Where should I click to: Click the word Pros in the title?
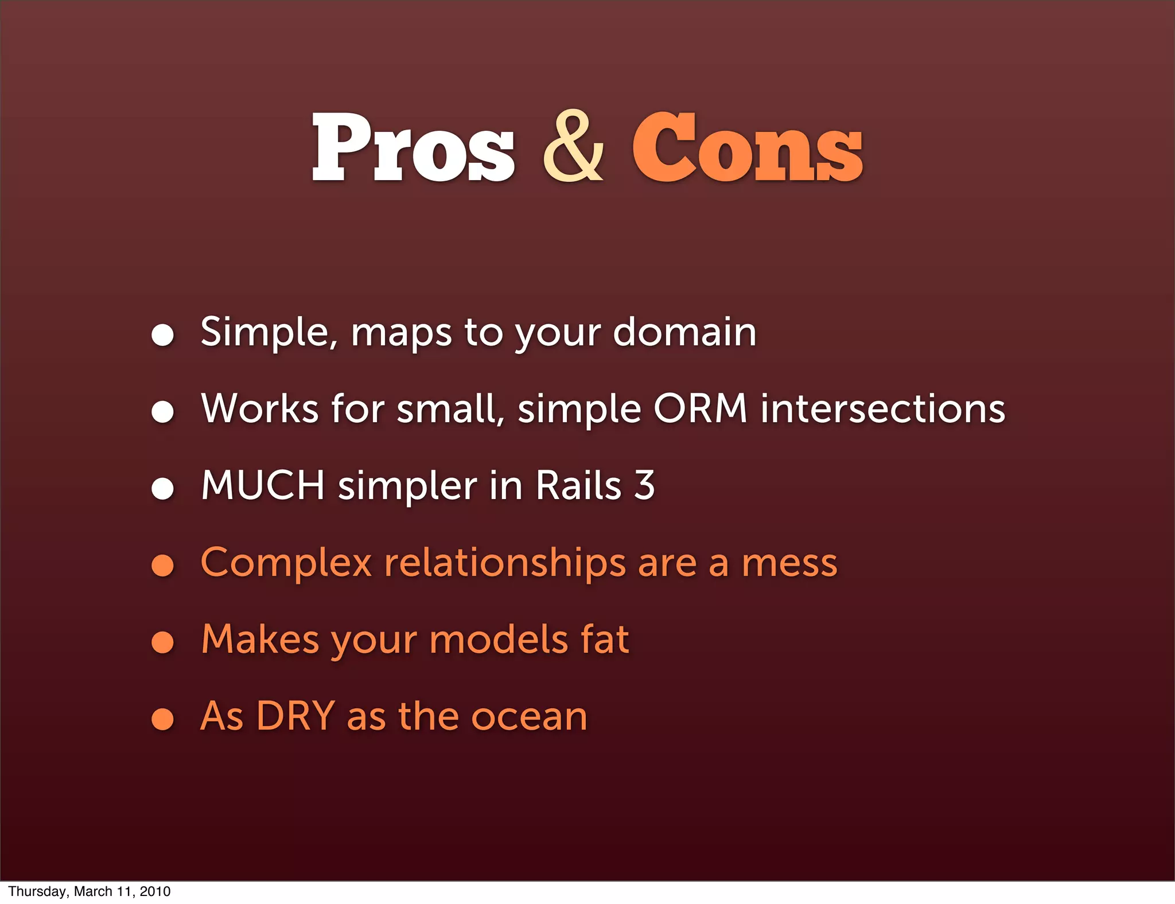click(413, 147)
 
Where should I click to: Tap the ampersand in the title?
click(573, 147)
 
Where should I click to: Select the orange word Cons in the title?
click(747, 147)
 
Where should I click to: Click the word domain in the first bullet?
click(684, 332)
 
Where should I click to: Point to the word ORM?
click(701, 409)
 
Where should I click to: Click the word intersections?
click(883, 409)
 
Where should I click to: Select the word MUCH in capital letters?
click(263, 486)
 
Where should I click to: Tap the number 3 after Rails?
click(645, 486)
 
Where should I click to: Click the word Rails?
click(578, 486)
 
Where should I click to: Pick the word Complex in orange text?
click(286, 563)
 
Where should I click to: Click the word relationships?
click(504, 563)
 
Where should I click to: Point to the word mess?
click(789, 563)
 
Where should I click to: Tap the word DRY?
click(295, 716)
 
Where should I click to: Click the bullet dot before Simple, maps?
click(162, 334)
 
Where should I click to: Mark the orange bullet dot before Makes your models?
click(162, 642)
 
